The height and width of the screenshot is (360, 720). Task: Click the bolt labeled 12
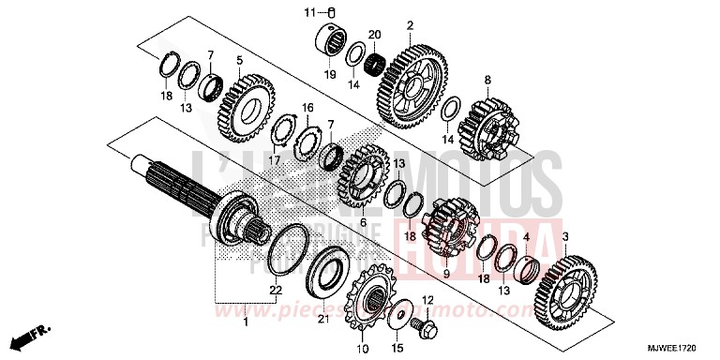(x=424, y=331)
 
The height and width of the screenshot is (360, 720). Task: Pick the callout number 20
(x=375, y=35)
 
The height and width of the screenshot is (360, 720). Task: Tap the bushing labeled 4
(x=528, y=270)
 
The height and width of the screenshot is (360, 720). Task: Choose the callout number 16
(x=306, y=109)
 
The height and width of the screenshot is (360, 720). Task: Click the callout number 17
(x=274, y=160)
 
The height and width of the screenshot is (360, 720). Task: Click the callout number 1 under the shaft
(x=246, y=322)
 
